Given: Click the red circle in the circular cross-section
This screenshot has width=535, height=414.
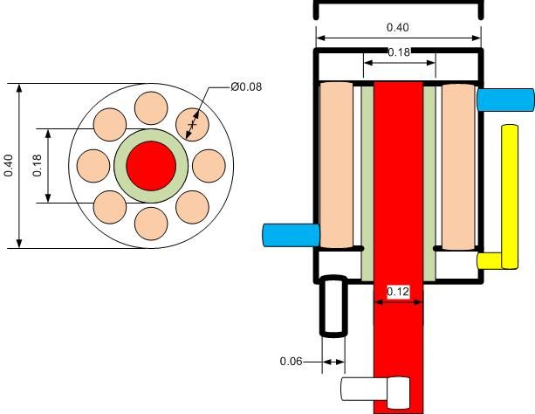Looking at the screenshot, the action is click(x=151, y=166).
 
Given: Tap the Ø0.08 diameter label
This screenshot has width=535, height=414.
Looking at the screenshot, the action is click(x=246, y=86).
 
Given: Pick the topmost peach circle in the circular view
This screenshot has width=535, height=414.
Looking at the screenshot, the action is click(x=151, y=108).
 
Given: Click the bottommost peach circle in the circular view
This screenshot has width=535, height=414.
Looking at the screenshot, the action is click(x=151, y=224).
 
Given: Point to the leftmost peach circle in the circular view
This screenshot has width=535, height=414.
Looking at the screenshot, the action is click(x=93, y=166).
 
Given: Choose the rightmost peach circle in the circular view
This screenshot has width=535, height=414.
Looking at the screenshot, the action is click(x=209, y=166).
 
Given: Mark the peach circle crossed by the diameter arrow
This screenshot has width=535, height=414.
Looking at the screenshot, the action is click(x=192, y=125).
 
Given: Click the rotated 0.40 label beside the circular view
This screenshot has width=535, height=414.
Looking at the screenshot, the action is click(x=8, y=166).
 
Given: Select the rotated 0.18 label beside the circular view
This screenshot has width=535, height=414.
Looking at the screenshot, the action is click(x=37, y=166).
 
